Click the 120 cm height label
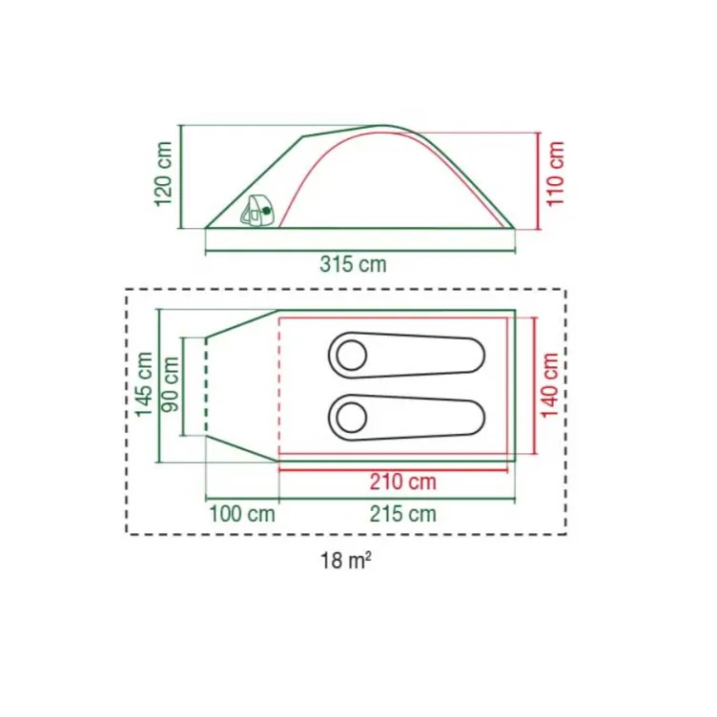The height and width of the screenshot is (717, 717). [x=163, y=174]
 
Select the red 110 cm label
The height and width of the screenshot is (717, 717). [x=557, y=174]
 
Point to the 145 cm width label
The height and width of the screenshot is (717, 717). [x=143, y=384]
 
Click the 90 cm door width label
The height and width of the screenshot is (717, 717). [x=172, y=384]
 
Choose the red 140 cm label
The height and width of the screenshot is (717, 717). [x=550, y=383]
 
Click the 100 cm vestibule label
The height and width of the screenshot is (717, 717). [x=241, y=515]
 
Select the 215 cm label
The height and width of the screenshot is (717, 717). [x=403, y=515]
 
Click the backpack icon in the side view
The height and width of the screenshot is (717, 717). [x=255, y=211]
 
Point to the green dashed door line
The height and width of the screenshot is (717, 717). [x=207, y=385]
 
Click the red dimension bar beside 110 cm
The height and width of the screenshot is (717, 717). [x=538, y=180]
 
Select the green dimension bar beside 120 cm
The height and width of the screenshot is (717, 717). [x=179, y=176]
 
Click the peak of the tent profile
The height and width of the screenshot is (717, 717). [x=383, y=126]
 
